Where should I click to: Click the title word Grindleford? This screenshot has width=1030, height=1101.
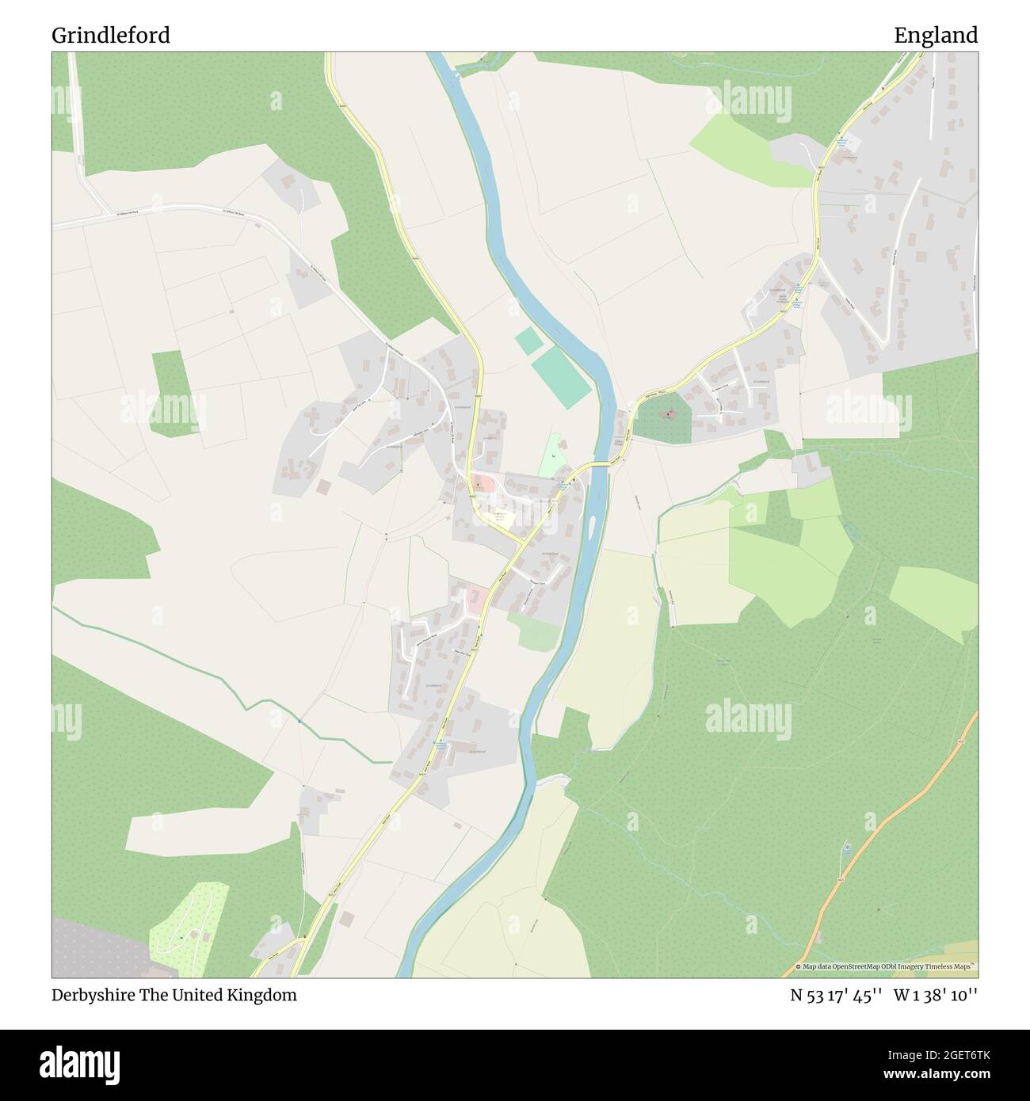(x=111, y=36)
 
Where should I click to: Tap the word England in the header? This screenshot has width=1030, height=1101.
(x=935, y=36)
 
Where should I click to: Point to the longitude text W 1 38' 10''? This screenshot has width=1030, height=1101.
(x=936, y=996)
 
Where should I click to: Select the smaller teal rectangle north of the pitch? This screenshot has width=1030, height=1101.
(x=529, y=341)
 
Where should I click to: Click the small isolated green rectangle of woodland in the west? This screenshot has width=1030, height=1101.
(x=171, y=393)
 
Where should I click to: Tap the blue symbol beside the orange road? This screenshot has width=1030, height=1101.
(x=846, y=848)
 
